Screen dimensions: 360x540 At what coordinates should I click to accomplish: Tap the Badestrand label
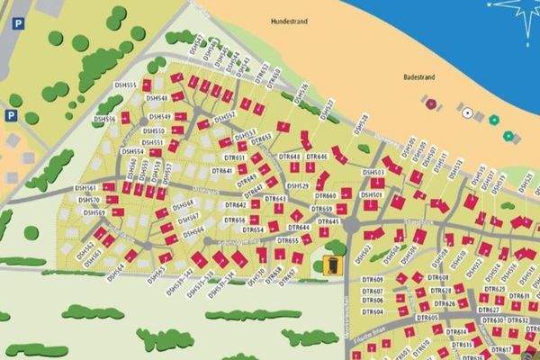pyautogui.click(x=419, y=78)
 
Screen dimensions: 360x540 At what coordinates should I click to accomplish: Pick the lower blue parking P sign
pyautogui.click(x=12, y=115)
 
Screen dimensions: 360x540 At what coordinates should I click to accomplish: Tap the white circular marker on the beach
pyautogui.click(x=466, y=112)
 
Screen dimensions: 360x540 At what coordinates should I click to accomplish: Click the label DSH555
pyautogui.click(x=126, y=85)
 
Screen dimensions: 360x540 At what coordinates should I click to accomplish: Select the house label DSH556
pyautogui.click(x=104, y=119)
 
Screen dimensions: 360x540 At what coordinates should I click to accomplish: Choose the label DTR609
pyautogui.click(x=373, y=280)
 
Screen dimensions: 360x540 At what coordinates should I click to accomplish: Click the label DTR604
pyautogui.click(x=373, y=311)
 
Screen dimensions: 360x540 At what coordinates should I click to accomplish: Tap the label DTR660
pyautogui.click(x=325, y=196)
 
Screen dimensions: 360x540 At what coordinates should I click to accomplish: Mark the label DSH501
pyautogui.click(x=372, y=194)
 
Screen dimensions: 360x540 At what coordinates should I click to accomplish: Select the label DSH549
pyautogui.click(x=159, y=117)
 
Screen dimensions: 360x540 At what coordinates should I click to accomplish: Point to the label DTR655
pyautogui.click(x=288, y=241)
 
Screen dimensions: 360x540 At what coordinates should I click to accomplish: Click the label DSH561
pyautogui.click(x=86, y=189)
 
